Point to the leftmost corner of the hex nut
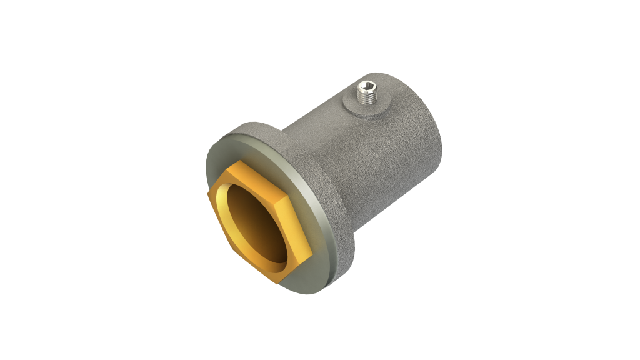206,196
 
